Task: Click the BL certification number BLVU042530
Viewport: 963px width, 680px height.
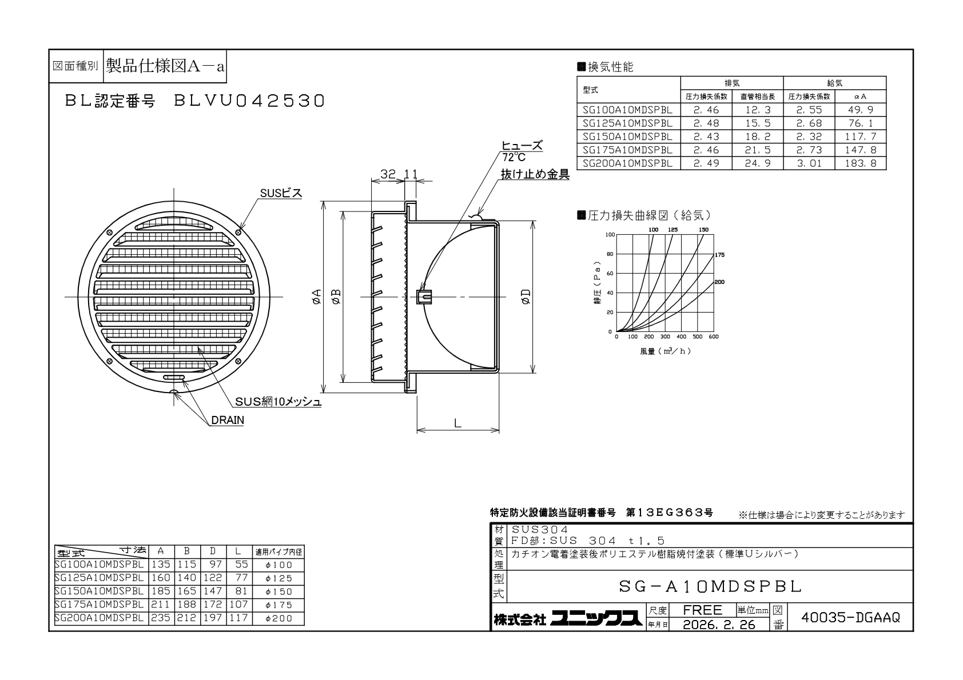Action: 249,101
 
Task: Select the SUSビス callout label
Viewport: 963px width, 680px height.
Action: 281,193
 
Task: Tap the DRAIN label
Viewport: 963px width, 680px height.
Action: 228,420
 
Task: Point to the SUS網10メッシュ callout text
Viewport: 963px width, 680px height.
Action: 278,402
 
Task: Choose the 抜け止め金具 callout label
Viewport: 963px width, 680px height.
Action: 535,174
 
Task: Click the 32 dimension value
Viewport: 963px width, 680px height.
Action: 388,174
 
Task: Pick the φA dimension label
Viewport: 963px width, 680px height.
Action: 316,297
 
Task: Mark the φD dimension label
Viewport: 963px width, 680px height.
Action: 526,297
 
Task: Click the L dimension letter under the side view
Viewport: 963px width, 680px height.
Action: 457,423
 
